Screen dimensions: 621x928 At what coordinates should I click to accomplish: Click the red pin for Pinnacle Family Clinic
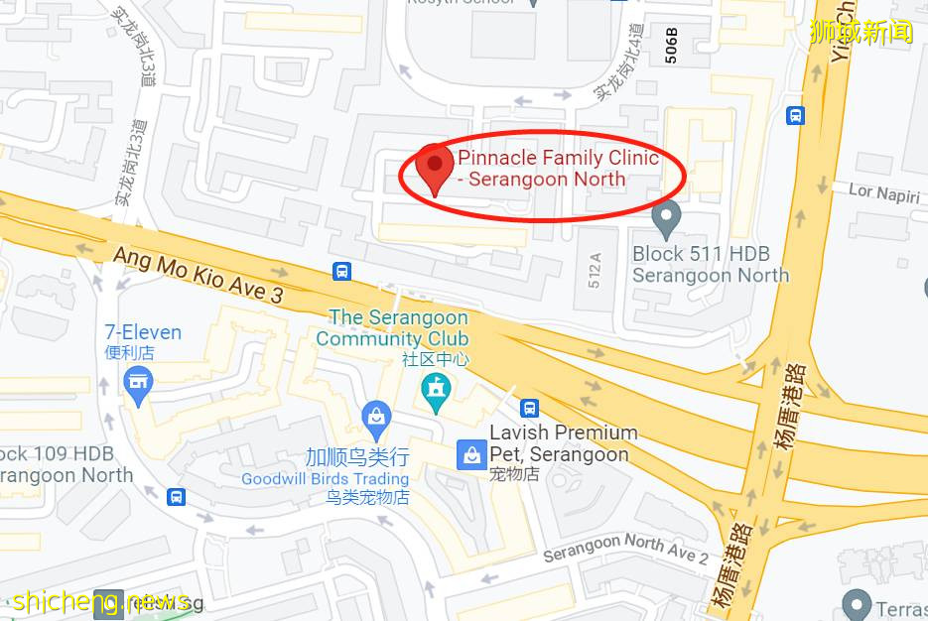pyautogui.click(x=434, y=167)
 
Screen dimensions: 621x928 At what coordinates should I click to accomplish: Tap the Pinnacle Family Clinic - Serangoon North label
pyautogui.click(x=558, y=169)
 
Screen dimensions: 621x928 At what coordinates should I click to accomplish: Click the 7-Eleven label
pyautogui.click(x=144, y=332)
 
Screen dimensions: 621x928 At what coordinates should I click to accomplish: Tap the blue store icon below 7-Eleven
pyautogui.click(x=138, y=381)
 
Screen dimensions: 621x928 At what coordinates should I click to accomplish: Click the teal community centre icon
pyautogui.click(x=435, y=390)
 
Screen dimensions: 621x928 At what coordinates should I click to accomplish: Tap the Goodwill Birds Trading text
pyautogui.click(x=326, y=479)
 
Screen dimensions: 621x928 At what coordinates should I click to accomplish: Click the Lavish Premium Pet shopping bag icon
pyautogui.click(x=470, y=454)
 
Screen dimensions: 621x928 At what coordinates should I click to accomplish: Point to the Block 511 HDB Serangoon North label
pyautogui.click(x=711, y=265)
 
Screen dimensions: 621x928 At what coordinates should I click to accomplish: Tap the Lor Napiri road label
pyautogui.click(x=884, y=193)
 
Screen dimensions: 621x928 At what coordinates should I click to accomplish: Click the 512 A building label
pyautogui.click(x=595, y=271)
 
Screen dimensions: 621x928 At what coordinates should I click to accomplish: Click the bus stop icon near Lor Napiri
pyautogui.click(x=795, y=116)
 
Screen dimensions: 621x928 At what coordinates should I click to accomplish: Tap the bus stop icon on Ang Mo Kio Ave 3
pyautogui.click(x=341, y=271)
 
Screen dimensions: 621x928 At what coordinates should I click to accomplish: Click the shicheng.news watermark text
pyautogui.click(x=100, y=601)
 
